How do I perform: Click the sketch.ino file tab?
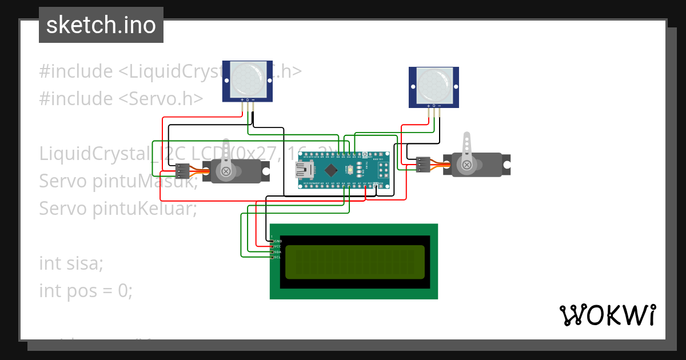tap(101, 25)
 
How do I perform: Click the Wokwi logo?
tap(607, 315)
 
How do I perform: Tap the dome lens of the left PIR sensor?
tap(247, 79)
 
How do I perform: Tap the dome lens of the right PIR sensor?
tap(433, 85)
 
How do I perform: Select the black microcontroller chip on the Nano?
tap(332, 170)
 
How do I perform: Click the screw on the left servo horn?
tap(226, 171)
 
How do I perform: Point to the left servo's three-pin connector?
tap(183, 170)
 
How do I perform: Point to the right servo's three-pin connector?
tap(423, 165)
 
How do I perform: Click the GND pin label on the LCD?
tap(278, 241)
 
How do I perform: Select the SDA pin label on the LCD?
tap(278, 252)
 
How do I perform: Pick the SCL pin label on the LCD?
tap(278, 257)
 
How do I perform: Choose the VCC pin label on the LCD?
tap(278, 246)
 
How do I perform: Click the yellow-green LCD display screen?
tap(354, 262)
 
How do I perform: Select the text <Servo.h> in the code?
tap(161, 99)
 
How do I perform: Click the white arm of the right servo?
tap(467, 146)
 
